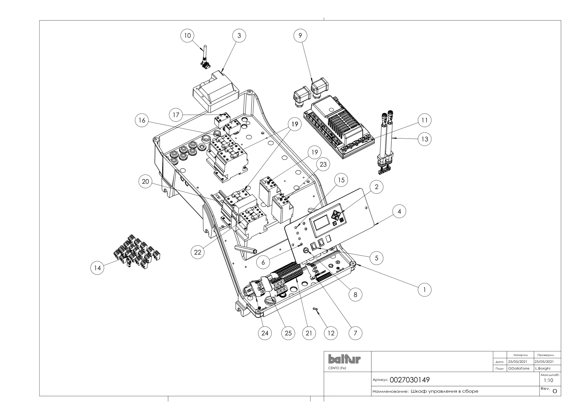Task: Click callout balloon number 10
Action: (187, 36)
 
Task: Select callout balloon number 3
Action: (239, 36)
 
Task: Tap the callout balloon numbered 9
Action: (300, 36)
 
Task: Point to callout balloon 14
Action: (97, 268)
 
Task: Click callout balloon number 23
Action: (323, 164)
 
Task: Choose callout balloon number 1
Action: (425, 290)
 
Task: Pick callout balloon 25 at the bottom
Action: (288, 333)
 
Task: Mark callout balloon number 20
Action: (145, 182)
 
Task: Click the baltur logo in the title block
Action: (344, 359)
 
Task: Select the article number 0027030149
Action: (409, 380)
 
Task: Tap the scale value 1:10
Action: (548, 380)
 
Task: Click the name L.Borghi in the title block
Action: (543, 368)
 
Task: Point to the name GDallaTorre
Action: (519, 368)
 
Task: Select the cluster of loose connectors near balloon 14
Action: (137, 251)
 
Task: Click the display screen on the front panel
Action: (321, 223)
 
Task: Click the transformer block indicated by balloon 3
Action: (216, 91)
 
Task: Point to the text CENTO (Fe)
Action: (337, 368)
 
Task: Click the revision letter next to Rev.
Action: (555, 391)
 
